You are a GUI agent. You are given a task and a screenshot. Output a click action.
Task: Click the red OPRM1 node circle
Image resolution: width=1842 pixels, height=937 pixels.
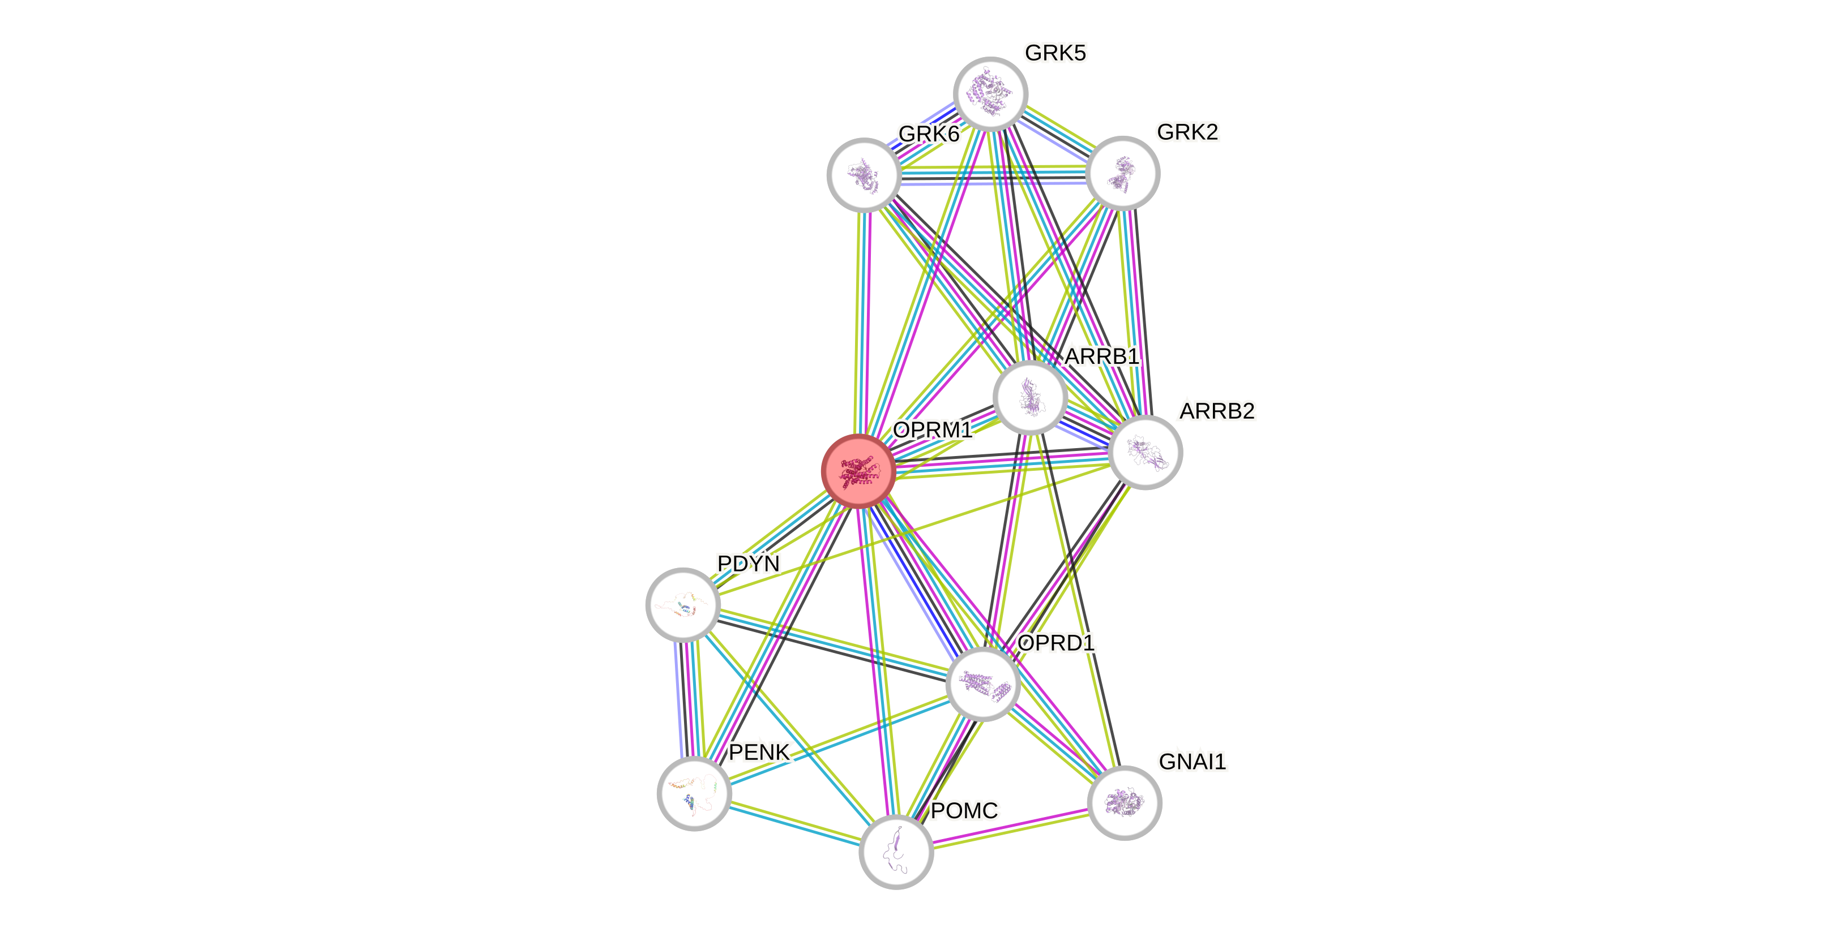point(858,471)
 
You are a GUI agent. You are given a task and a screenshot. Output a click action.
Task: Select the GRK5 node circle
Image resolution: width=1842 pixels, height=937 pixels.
point(990,93)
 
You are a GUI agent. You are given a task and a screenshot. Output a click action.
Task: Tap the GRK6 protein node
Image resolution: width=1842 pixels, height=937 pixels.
point(864,174)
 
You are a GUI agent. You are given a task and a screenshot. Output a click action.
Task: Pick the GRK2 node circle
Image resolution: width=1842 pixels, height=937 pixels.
point(1122,173)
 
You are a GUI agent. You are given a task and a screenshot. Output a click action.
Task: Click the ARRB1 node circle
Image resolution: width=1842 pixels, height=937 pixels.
point(1031,397)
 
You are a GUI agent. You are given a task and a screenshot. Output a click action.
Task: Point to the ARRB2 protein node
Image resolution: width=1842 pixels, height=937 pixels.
point(1145,453)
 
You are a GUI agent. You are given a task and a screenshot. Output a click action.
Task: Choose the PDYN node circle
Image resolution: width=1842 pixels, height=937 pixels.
point(683,605)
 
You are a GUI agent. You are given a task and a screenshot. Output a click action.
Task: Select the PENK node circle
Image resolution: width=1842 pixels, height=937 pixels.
point(694,793)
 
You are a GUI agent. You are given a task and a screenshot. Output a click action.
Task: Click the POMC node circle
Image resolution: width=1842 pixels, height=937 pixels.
point(896,851)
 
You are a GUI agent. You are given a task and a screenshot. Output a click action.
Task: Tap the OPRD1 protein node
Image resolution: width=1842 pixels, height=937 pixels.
point(982,684)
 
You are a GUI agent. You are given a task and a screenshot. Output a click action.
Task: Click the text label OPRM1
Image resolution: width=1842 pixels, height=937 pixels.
point(933,429)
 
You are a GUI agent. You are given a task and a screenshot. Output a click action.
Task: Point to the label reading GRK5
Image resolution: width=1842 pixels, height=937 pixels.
point(1055,53)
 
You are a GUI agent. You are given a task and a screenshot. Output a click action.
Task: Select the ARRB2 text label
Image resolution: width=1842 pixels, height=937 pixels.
point(1217,411)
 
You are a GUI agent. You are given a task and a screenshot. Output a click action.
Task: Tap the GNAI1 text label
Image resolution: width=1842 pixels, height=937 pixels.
point(1192,761)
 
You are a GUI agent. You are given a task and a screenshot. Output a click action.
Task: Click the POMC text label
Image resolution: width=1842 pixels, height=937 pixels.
point(964,810)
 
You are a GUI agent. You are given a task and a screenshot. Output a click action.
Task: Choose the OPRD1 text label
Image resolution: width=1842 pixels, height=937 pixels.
point(1055,643)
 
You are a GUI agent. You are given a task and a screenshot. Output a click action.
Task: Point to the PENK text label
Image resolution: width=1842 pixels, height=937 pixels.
point(759,752)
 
